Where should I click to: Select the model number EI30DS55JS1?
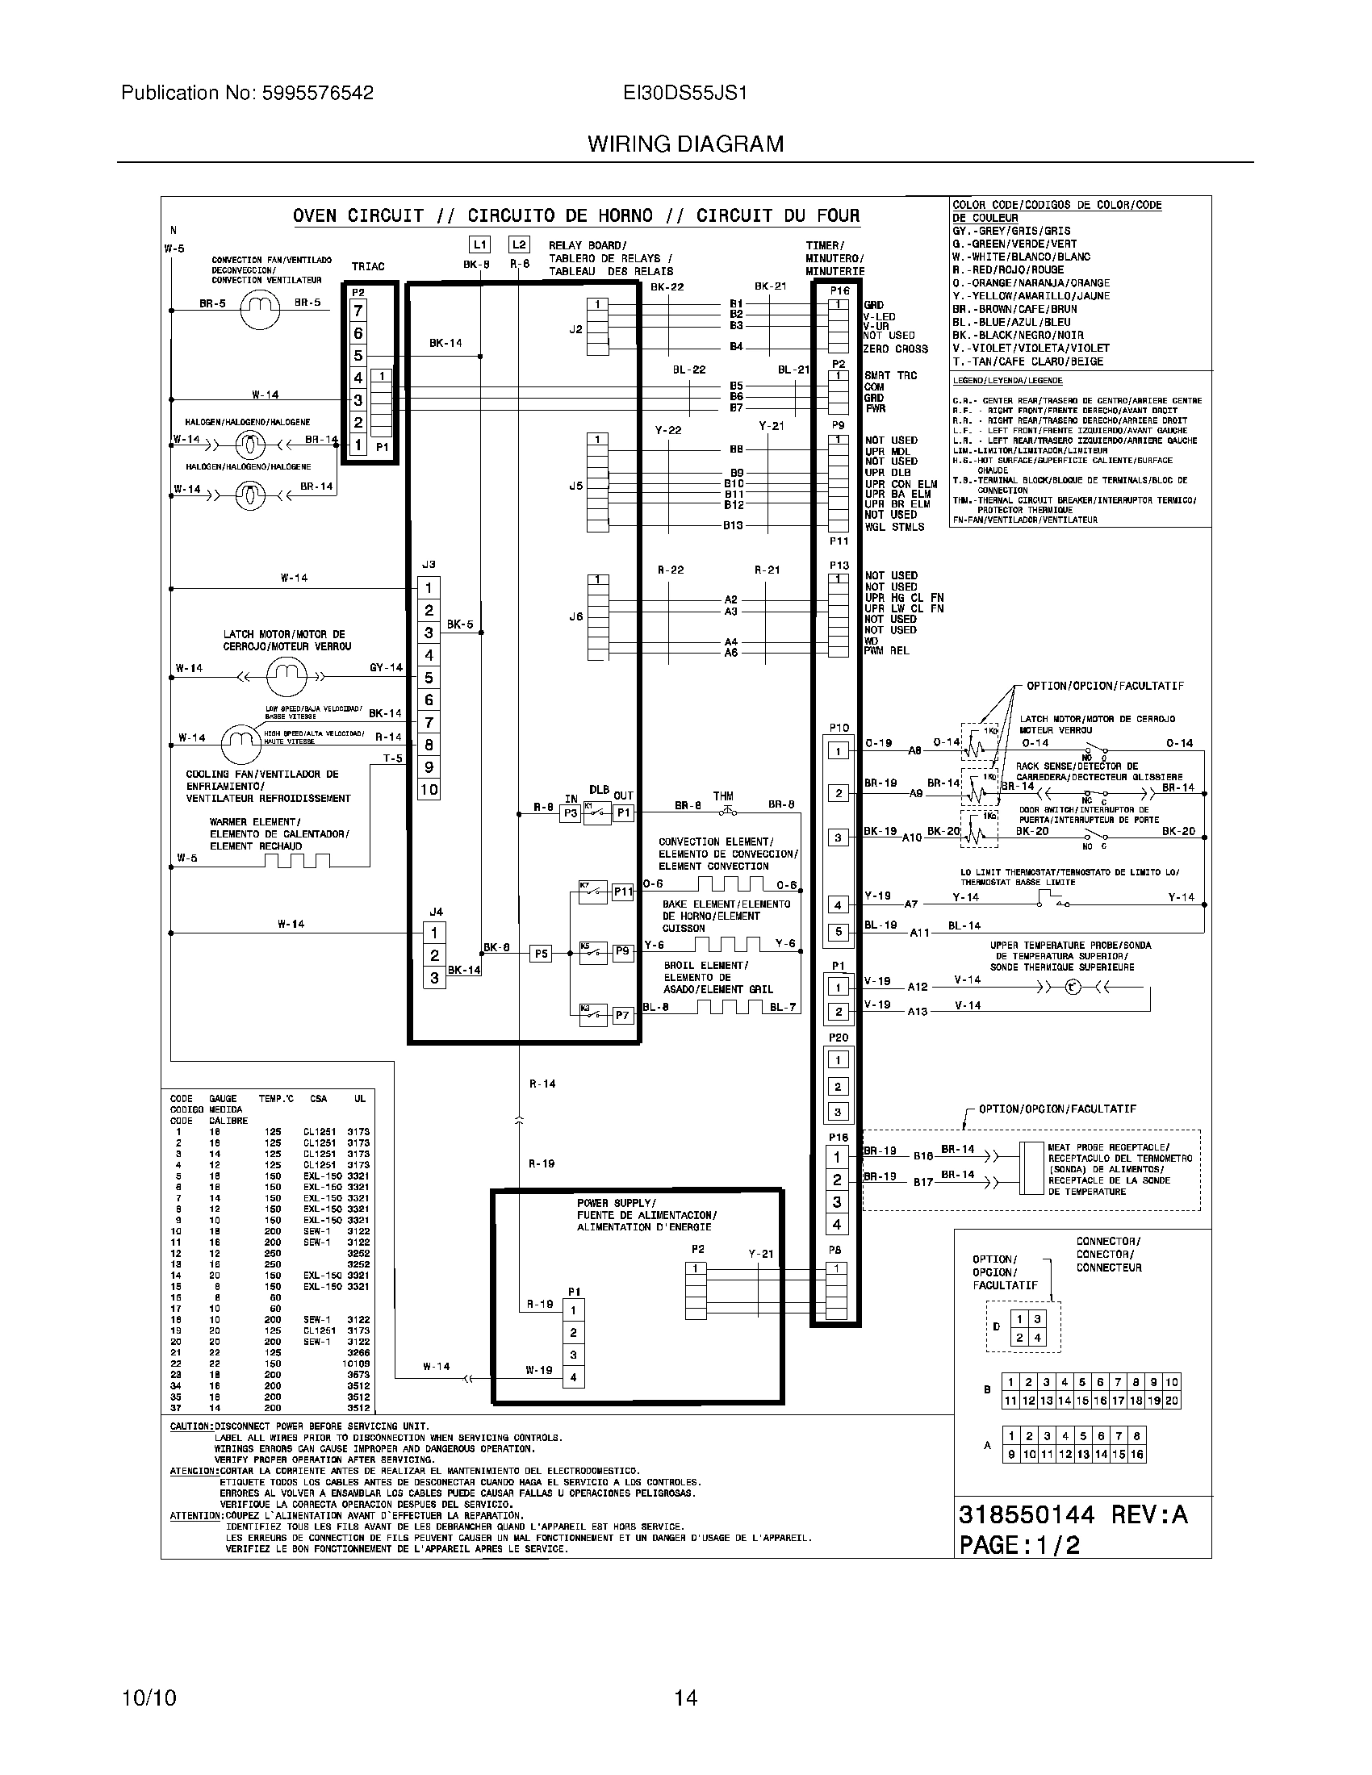point(685,93)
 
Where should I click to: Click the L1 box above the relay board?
point(480,244)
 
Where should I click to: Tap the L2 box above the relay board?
point(519,244)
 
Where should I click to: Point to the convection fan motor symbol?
point(259,311)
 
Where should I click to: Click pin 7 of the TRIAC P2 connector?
point(358,311)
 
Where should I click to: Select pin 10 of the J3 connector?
point(429,789)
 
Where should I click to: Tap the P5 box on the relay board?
point(541,954)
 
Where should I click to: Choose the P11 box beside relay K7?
point(622,892)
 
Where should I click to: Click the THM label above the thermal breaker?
point(722,796)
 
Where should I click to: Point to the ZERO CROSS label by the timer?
point(896,349)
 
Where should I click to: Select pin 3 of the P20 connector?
point(838,1111)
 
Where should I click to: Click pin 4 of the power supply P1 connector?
point(574,1376)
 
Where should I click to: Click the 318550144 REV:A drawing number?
point(1073,1514)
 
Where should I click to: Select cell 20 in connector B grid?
point(1171,1401)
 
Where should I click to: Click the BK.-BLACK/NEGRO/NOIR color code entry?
point(1018,335)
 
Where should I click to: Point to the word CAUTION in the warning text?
point(191,1426)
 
